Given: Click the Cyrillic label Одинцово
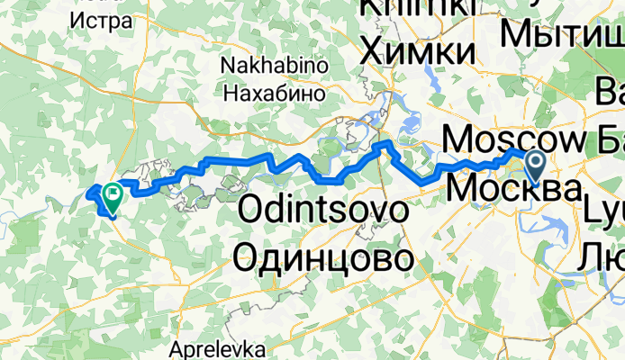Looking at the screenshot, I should pyautogui.click(x=326, y=259).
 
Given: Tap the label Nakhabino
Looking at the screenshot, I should pyautogui.click(x=273, y=67).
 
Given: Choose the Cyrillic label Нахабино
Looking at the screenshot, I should pyautogui.click(x=273, y=92).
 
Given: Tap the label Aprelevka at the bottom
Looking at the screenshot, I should pyautogui.click(x=216, y=347).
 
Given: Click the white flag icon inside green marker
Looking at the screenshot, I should pyautogui.click(x=113, y=192).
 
